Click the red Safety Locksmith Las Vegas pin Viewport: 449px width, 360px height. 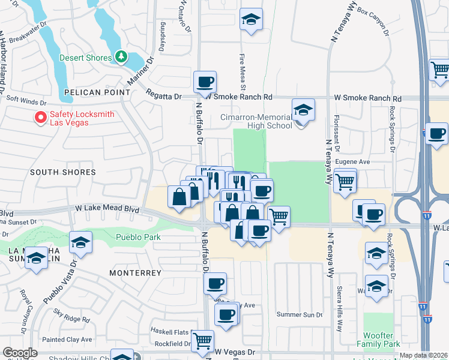(41, 118)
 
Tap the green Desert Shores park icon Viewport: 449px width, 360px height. (122, 57)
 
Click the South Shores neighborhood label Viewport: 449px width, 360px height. (63, 172)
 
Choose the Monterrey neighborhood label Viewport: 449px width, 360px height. (135, 272)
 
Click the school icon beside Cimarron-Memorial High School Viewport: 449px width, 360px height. (303, 110)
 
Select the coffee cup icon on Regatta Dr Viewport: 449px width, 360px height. (205, 82)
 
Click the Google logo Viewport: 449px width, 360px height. (20, 353)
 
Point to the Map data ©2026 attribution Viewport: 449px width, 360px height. (424, 355)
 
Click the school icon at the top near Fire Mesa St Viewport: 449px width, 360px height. (252, 20)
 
